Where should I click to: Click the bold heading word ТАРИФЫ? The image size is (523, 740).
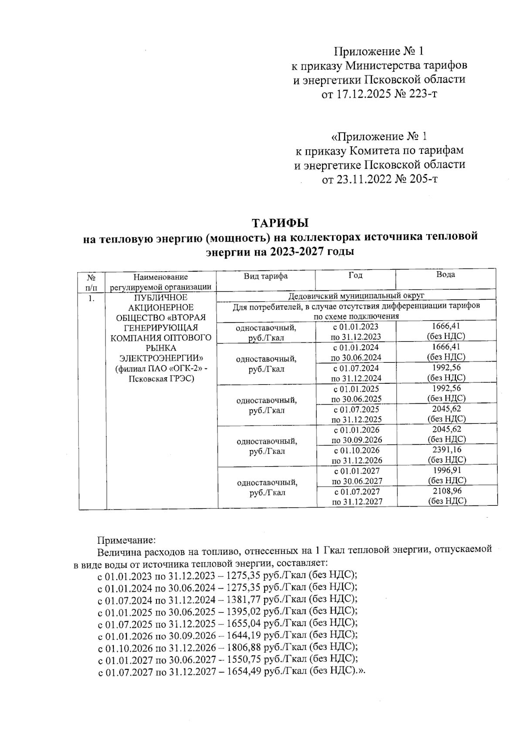[x=280, y=223]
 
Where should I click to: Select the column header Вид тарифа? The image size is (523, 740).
[x=265, y=276]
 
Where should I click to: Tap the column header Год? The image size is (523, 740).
[x=356, y=275]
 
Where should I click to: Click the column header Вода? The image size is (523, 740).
[x=446, y=275]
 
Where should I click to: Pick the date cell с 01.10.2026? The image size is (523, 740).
[x=356, y=450]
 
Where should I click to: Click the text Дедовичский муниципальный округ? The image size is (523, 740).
[x=357, y=296]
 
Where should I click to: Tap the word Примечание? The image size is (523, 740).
[x=126, y=540]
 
